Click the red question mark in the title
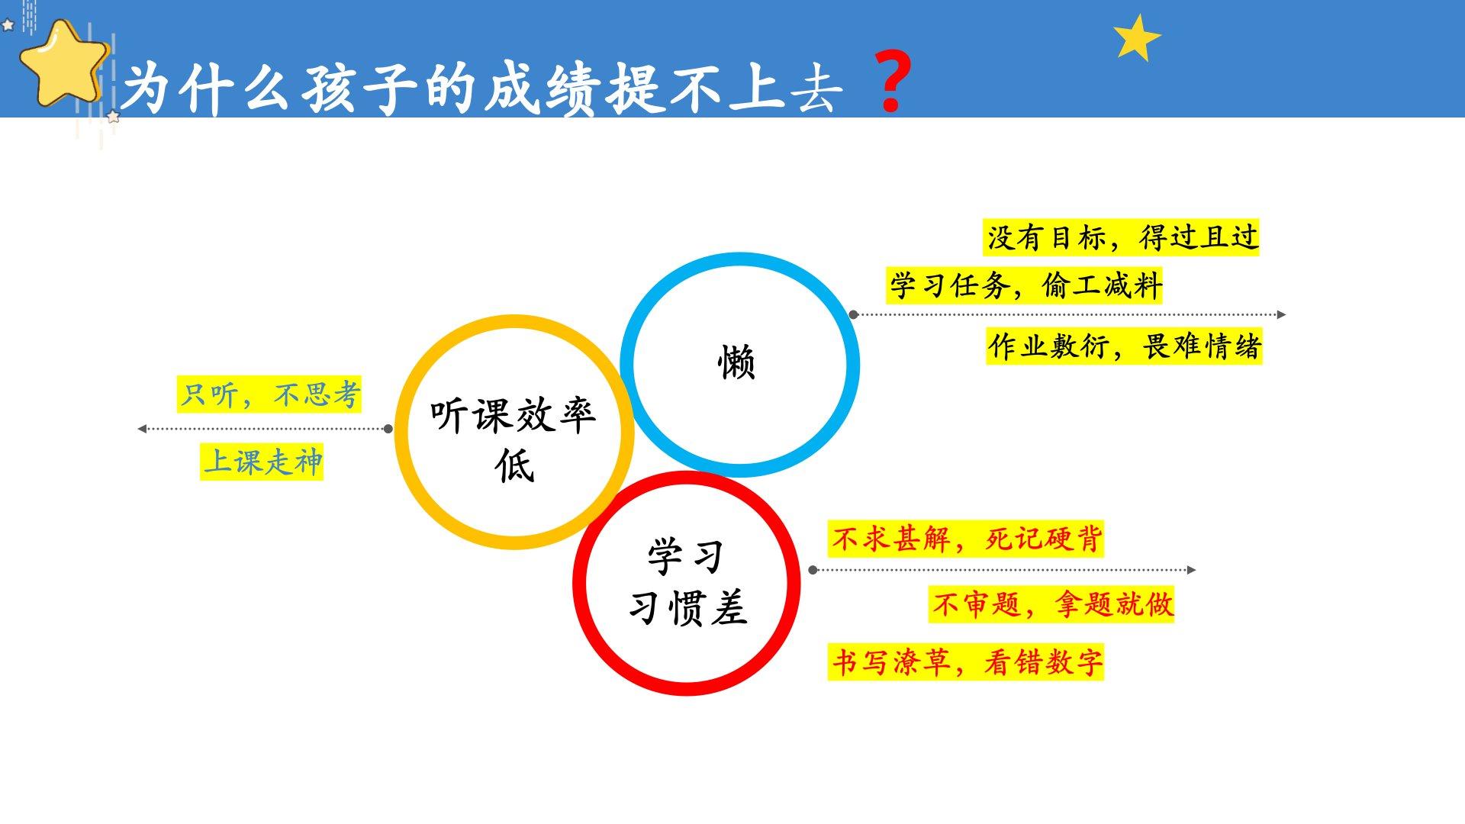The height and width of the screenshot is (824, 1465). (x=891, y=82)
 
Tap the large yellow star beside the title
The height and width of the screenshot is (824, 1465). (x=65, y=63)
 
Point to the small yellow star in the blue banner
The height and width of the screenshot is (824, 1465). (x=1136, y=37)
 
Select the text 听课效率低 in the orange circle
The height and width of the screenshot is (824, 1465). (x=514, y=440)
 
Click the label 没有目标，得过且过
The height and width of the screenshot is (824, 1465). (x=1122, y=237)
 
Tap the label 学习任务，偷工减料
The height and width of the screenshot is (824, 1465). (x=1025, y=286)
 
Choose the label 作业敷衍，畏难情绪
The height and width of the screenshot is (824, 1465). (x=1124, y=346)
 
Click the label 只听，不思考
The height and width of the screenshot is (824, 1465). (x=269, y=394)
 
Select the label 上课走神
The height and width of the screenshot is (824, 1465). (x=262, y=462)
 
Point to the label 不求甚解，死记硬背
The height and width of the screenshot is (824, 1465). (x=966, y=539)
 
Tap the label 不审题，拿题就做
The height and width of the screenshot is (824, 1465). (x=1051, y=604)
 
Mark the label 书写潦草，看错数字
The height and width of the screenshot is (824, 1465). (x=966, y=661)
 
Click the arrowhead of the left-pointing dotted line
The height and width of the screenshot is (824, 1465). (x=141, y=429)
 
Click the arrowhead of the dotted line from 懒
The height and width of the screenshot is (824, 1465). (x=1282, y=314)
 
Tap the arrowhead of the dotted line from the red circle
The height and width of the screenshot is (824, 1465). (x=1192, y=570)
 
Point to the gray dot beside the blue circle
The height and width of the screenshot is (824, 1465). (x=853, y=314)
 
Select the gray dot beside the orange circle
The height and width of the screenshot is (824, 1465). (x=388, y=429)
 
